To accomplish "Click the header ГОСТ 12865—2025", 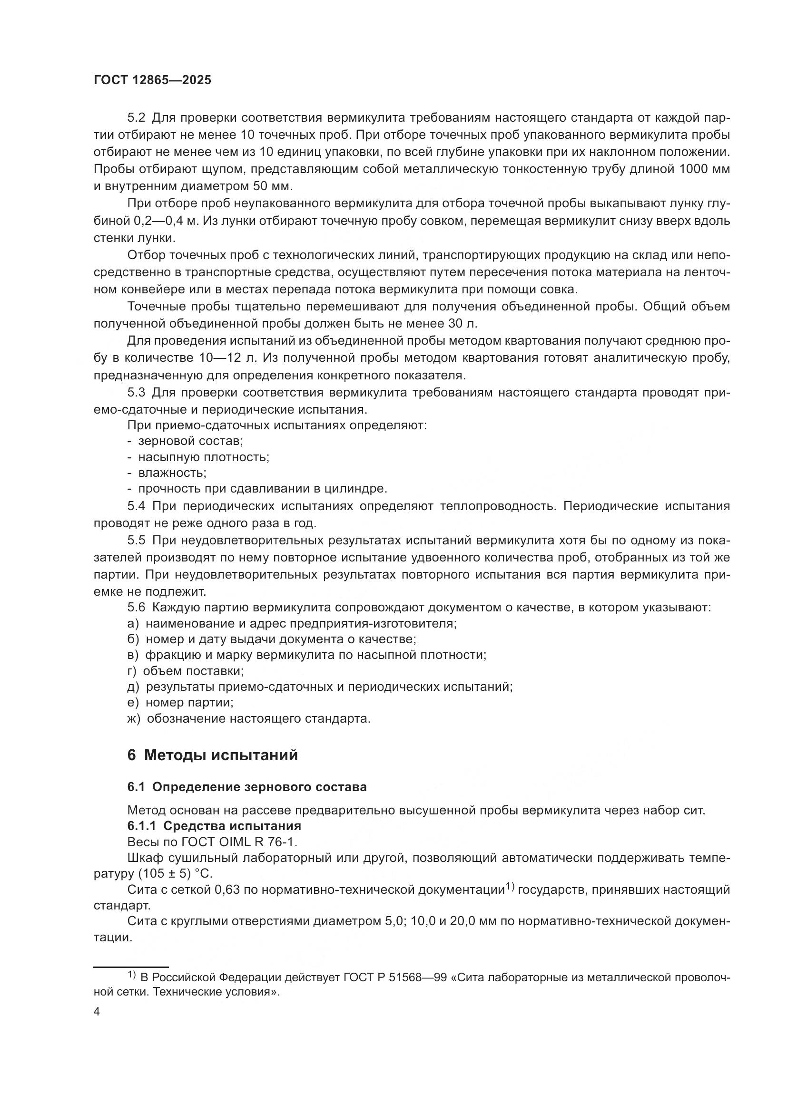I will (x=152, y=80).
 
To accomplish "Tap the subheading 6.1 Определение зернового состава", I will (x=246, y=786).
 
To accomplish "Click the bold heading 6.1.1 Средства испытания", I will (x=214, y=825).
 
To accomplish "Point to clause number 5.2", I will (x=136, y=118).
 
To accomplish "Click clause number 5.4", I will (x=136, y=506).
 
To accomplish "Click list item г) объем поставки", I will (x=185, y=671).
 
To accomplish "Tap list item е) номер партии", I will (x=180, y=702).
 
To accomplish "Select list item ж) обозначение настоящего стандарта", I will (x=248, y=718).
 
